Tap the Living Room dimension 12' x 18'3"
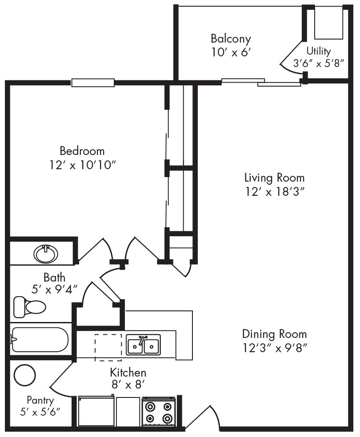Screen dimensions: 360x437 click(x=274, y=191)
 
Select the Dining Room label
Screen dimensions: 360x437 click(x=274, y=334)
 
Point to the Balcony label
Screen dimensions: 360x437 click(x=231, y=38)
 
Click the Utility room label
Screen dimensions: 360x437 click(x=319, y=51)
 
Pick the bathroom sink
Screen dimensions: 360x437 click(x=46, y=254)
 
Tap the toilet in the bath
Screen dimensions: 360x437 click(x=30, y=306)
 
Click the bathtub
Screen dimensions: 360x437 click(x=40, y=339)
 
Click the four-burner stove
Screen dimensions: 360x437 click(x=159, y=412)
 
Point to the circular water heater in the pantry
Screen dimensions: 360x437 click(x=24, y=375)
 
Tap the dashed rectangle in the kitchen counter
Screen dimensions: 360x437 click(x=108, y=347)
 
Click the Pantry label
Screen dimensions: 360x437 click(x=40, y=400)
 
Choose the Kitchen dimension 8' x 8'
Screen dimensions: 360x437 click(x=128, y=385)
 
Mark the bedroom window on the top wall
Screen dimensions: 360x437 click(x=93, y=83)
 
